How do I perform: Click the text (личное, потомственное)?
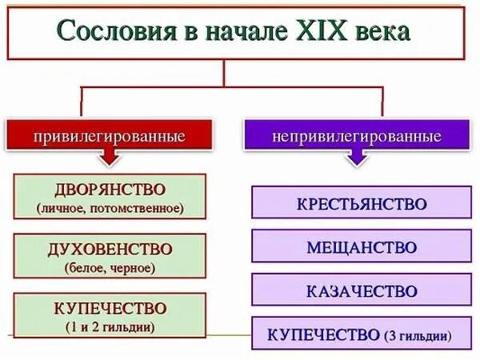pos(110,208)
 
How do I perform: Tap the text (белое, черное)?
pos(110,267)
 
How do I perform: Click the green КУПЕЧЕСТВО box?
pos(110,315)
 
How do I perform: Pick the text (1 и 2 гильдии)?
pos(110,326)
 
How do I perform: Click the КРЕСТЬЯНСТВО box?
pos(362,203)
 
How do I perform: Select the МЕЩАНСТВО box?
pos(362,246)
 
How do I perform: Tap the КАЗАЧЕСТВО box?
pos(362,290)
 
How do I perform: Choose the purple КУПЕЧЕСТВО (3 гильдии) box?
pos(362,334)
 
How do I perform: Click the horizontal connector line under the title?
pos(232,87)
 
